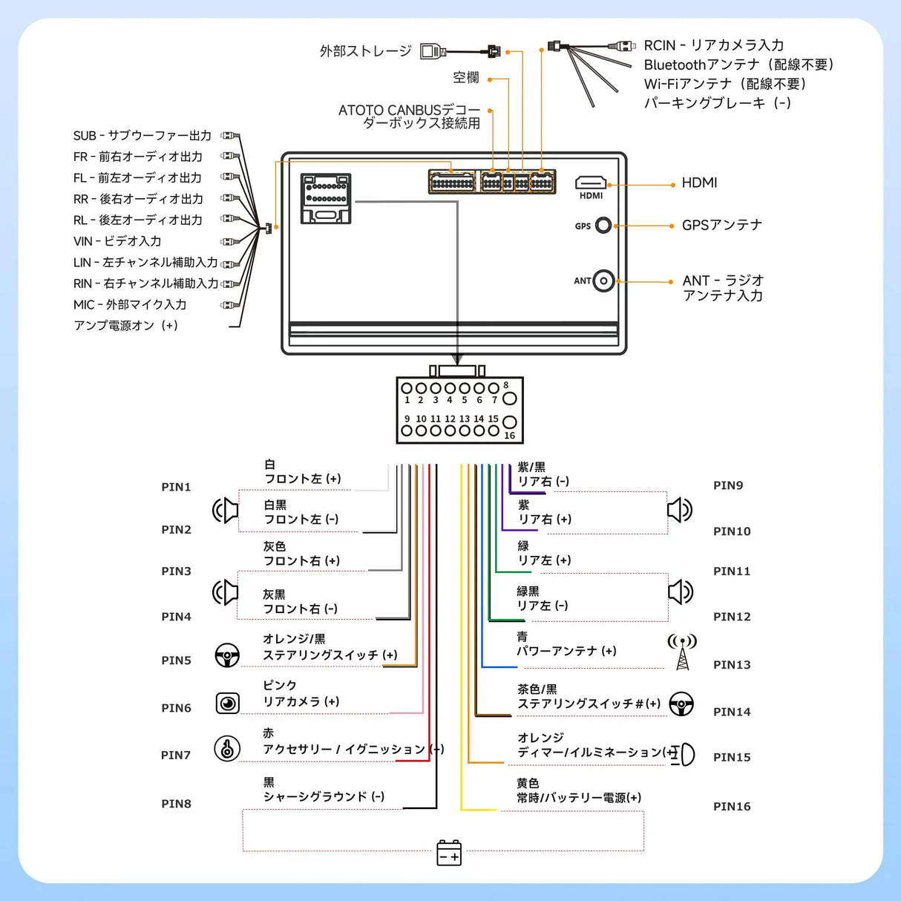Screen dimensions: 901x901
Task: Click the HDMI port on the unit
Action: pyautogui.click(x=591, y=183)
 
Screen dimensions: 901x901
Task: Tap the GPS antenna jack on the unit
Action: pyautogui.click(x=603, y=225)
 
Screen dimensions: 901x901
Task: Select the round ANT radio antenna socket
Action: pyautogui.click(x=604, y=281)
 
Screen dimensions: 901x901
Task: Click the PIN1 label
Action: pyautogui.click(x=176, y=487)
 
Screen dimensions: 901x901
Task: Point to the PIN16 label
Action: pyautogui.click(x=731, y=806)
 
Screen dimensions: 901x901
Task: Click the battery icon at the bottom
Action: pyautogui.click(x=449, y=853)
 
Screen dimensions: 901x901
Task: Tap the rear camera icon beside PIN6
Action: pyautogui.click(x=228, y=703)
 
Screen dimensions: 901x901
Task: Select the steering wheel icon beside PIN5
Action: pyautogui.click(x=227, y=655)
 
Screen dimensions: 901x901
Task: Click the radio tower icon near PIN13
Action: pyautogui.click(x=682, y=652)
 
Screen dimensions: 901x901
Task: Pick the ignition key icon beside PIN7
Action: pyautogui.click(x=227, y=748)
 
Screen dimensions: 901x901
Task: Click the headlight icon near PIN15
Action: pyautogui.click(x=684, y=754)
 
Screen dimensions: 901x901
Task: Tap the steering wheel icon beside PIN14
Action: pyautogui.click(x=681, y=704)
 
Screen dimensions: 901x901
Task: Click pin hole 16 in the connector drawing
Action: pyautogui.click(x=509, y=423)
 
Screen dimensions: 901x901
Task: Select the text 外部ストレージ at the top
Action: pyautogui.click(x=365, y=51)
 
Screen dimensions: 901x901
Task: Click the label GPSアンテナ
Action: pyautogui.click(x=721, y=225)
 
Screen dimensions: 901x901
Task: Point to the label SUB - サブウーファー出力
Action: pyautogui.click(x=142, y=136)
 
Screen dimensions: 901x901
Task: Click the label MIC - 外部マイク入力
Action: pyautogui.click(x=130, y=304)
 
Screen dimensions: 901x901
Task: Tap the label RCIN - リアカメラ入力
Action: pyautogui.click(x=713, y=45)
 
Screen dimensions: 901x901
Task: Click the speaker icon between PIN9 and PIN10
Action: pyautogui.click(x=679, y=510)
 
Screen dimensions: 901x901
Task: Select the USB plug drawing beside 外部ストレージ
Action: pyautogui.click(x=433, y=51)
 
